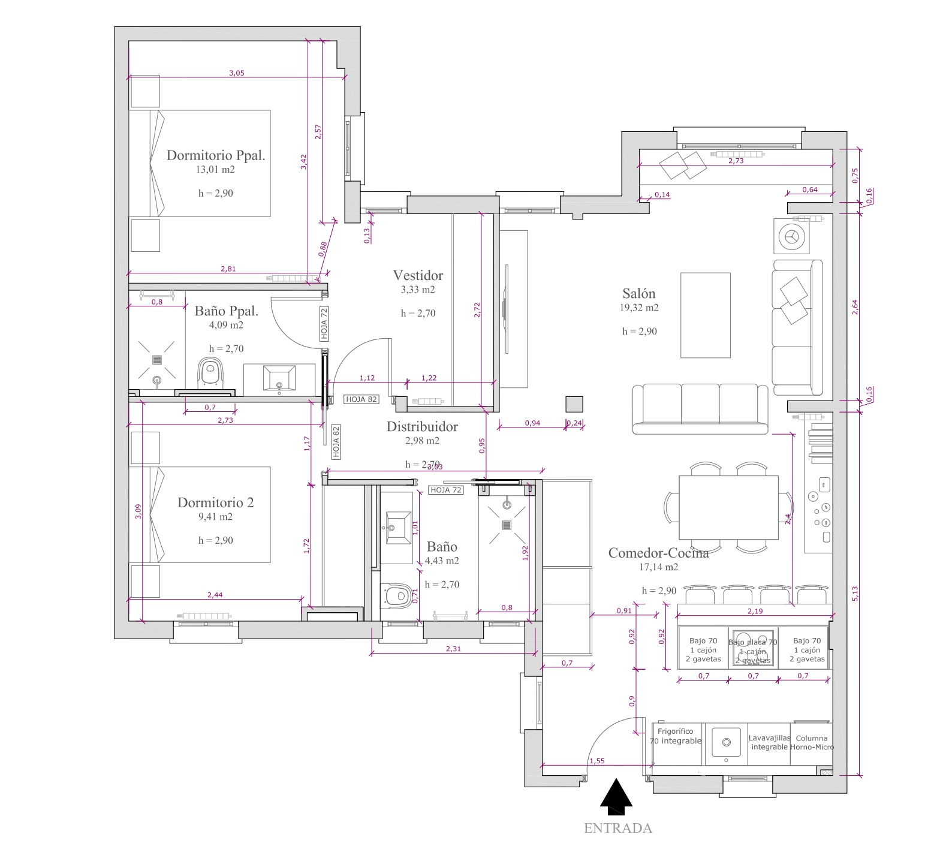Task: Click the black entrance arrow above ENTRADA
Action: [616, 798]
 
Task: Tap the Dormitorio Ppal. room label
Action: [216, 155]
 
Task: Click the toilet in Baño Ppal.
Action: [209, 372]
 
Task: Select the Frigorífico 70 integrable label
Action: [676, 736]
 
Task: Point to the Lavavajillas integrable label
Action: [769, 742]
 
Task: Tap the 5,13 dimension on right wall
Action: [855, 594]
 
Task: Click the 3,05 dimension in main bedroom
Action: [237, 73]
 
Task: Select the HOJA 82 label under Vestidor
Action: [361, 399]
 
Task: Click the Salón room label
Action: [638, 294]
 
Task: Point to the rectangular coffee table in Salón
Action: [705, 315]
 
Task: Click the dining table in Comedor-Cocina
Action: [728, 507]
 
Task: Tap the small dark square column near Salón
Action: [574, 404]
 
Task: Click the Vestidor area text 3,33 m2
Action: [418, 290]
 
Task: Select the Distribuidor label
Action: [422, 427]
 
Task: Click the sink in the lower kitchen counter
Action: [726, 742]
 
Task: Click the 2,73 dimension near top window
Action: [736, 161]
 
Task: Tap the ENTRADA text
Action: [617, 828]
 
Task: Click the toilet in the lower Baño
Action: [396, 597]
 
